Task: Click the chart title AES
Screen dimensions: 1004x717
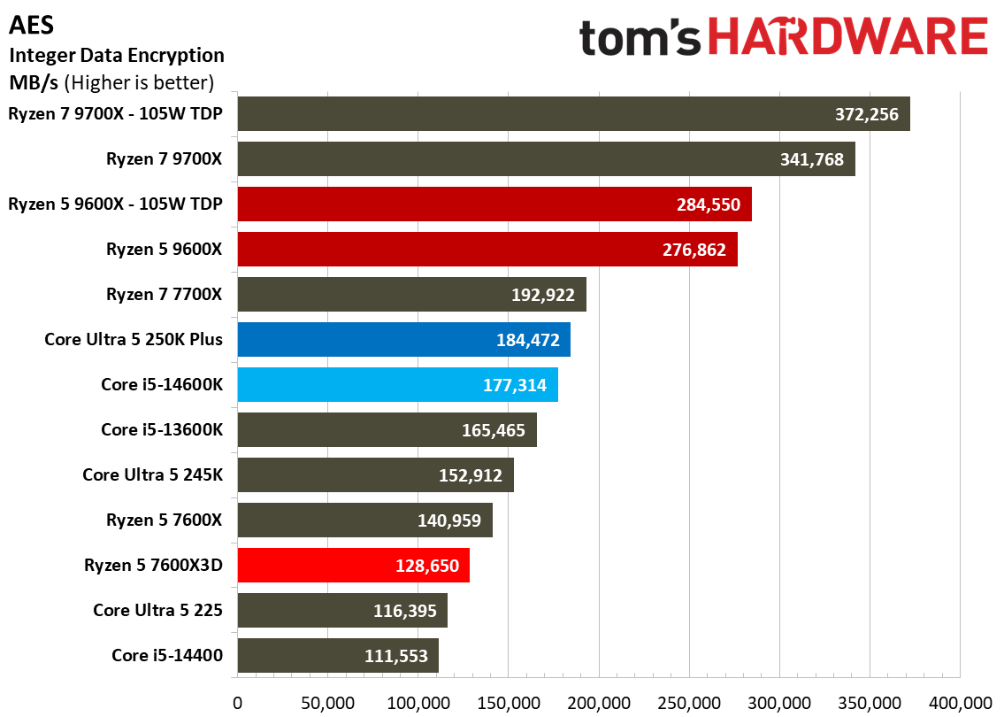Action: coord(31,25)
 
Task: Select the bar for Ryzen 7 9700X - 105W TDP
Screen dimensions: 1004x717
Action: coord(574,114)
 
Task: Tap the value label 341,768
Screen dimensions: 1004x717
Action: coord(811,159)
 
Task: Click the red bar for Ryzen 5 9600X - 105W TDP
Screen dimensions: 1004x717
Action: coord(494,204)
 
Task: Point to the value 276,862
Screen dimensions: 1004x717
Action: coord(694,250)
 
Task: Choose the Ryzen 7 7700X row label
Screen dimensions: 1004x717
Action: coord(164,294)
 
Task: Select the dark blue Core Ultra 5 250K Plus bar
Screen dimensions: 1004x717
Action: coord(404,340)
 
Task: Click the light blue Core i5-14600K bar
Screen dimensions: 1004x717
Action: coord(398,384)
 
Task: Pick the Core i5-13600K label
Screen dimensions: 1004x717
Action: coord(162,429)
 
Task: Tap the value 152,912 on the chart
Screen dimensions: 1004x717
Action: coord(470,475)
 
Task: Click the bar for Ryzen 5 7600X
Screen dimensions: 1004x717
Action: coord(365,520)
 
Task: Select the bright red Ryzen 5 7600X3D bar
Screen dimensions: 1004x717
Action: coord(354,565)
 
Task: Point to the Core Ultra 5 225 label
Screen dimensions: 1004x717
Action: coord(157,610)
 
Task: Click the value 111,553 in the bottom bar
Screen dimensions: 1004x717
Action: coord(395,656)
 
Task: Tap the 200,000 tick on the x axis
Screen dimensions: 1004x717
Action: coord(599,703)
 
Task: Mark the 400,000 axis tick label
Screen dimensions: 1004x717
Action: coord(960,703)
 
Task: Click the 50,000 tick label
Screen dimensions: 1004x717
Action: coord(327,703)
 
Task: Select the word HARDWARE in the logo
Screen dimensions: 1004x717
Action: coord(847,36)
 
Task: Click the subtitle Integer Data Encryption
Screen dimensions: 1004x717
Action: coord(117,56)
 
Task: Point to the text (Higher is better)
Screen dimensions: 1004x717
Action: coord(139,82)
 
